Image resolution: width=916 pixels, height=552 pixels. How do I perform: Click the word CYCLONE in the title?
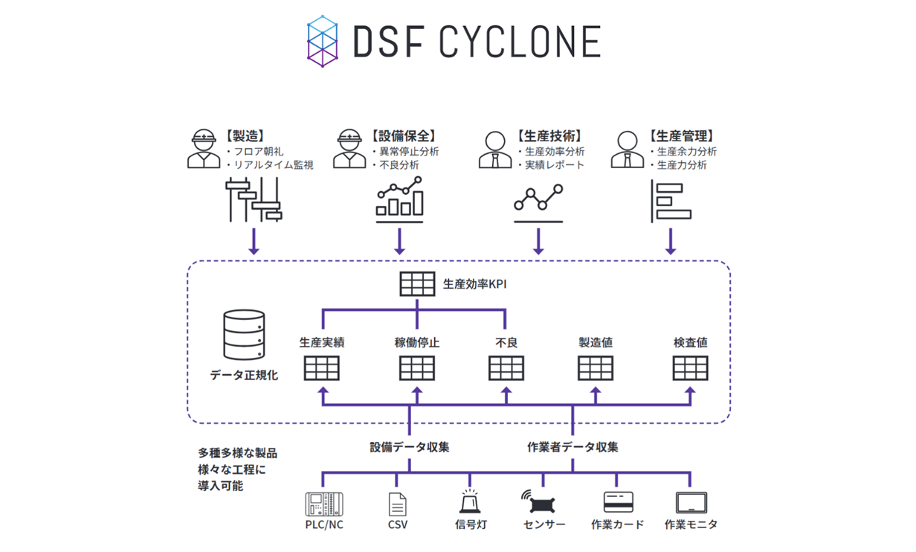[519, 42]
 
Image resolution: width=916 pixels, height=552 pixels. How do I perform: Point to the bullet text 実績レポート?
[554, 165]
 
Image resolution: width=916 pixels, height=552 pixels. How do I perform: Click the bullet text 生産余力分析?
[686, 151]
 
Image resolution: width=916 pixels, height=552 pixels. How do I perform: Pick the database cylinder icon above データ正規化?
[244, 336]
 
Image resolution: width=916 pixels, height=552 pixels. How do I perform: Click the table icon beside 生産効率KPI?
[417, 284]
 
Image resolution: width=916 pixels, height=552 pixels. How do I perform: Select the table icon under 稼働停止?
[417, 368]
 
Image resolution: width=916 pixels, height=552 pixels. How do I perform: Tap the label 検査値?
[690, 343]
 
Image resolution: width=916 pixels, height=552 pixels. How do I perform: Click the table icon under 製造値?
[596, 368]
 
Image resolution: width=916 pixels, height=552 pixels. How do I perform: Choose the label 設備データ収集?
[410, 447]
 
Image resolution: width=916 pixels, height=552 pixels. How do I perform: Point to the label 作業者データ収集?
[572, 447]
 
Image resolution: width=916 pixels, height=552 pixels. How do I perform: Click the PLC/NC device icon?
[324, 504]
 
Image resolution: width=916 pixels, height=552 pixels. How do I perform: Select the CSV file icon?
[398, 504]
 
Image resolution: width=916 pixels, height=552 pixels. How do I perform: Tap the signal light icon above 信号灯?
[470, 502]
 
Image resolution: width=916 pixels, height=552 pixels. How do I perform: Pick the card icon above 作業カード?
[618, 503]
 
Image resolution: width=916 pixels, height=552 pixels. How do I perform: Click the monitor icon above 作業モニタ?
[691, 503]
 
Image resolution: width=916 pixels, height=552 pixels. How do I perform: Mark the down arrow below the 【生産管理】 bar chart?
[671, 241]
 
